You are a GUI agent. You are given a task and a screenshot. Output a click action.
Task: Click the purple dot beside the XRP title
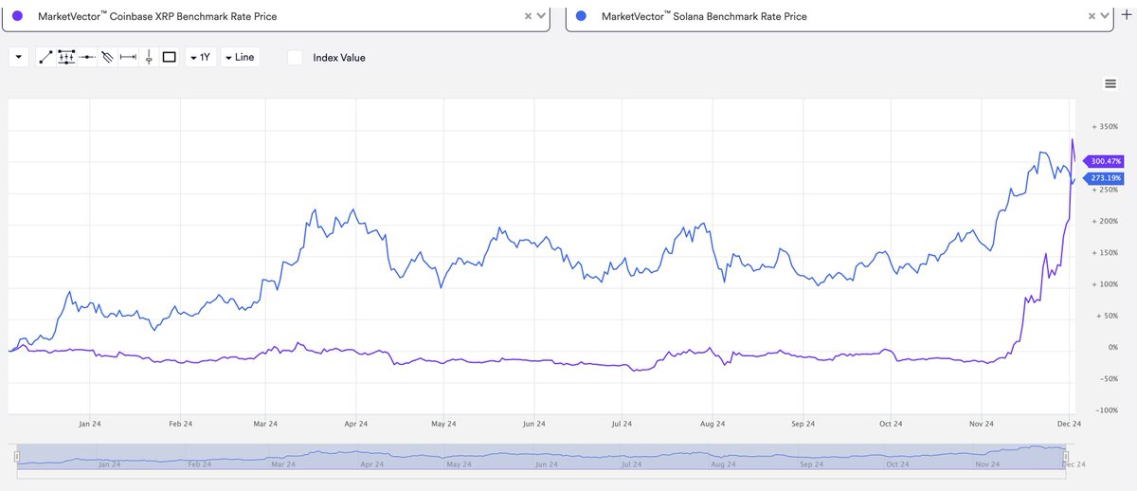17,16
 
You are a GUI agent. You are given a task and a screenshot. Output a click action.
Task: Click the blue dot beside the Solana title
582,16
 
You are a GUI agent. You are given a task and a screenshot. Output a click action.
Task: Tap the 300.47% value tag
1106,161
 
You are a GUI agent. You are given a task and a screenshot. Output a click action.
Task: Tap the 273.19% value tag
1106,177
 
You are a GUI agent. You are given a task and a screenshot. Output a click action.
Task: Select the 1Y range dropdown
200,57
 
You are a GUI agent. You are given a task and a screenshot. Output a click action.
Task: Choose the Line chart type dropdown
239,57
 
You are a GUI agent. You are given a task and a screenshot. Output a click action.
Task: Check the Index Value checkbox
295,57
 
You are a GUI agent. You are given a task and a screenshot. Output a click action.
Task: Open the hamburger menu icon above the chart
1110,83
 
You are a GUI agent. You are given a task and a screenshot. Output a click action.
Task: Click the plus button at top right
1126,14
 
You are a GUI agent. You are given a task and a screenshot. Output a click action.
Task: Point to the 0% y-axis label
1111,348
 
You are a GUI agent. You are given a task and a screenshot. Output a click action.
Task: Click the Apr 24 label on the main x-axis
356,425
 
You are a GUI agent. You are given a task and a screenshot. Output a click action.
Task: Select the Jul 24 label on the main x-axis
623,425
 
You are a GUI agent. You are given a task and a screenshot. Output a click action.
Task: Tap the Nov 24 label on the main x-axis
983,425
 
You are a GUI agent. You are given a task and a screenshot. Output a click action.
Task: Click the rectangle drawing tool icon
170,57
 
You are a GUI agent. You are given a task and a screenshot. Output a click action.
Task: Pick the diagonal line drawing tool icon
45,57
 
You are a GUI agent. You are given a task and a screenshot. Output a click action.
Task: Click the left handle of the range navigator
16,457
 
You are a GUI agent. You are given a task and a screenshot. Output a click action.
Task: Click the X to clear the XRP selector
528,16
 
